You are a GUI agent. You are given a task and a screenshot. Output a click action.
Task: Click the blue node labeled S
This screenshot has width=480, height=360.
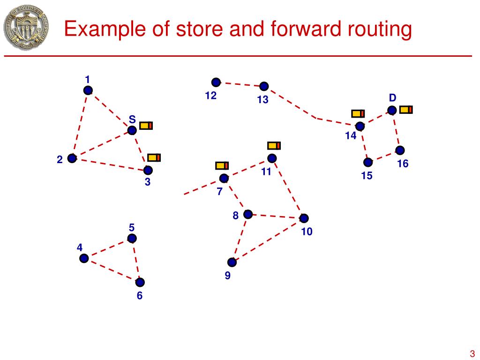pyautogui.click(x=132, y=130)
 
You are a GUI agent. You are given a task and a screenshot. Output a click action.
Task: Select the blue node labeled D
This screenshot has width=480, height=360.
pyautogui.click(x=392, y=110)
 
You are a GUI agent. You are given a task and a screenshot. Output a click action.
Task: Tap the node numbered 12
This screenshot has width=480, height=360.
pyautogui.click(x=216, y=82)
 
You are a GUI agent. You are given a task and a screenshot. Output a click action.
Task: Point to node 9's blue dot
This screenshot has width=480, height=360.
pyautogui.click(x=232, y=262)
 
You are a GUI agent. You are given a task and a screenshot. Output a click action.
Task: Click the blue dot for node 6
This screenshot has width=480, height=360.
pyautogui.click(x=140, y=282)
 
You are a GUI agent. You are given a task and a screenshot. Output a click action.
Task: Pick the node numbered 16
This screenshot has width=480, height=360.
pyautogui.click(x=400, y=150)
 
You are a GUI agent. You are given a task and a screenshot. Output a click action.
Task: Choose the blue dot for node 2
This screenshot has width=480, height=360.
pyautogui.click(x=72, y=158)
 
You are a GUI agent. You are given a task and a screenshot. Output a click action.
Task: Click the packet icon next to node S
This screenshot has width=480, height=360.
pyautogui.click(x=146, y=125)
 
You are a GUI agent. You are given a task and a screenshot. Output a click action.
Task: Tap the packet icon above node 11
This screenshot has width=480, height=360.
pyautogui.click(x=274, y=145)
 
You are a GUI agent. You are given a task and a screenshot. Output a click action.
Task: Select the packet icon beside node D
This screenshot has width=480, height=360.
pyautogui.click(x=406, y=109)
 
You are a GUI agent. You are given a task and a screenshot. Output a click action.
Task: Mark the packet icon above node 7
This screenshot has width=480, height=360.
pyautogui.click(x=222, y=165)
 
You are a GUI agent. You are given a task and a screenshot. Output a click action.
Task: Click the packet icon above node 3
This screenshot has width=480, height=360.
pyautogui.click(x=154, y=157)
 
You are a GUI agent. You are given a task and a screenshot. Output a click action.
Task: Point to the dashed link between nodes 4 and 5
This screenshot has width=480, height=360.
pyautogui.click(x=108, y=248)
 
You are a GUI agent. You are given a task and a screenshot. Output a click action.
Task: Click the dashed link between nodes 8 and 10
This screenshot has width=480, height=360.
pyautogui.click(x=276, y=216)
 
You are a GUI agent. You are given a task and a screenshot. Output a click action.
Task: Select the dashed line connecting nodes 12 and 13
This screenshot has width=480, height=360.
pyautogui.click(x=240, y=84)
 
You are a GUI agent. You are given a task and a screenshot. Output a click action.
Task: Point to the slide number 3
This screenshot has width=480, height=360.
pyautogui.click(x=472, y=353)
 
